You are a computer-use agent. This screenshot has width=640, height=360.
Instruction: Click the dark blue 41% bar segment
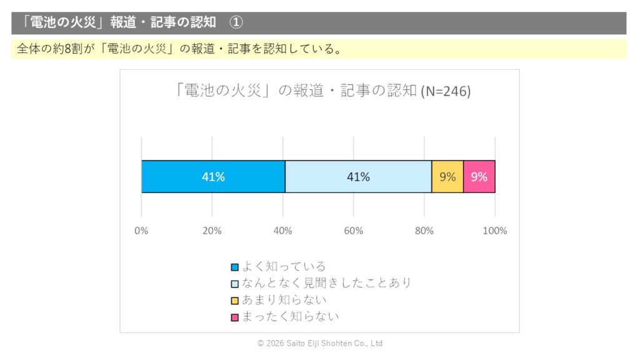point(213,177)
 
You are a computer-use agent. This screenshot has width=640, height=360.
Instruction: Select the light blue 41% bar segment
point(358,177)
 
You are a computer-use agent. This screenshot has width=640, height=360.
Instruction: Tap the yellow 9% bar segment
point(447,177)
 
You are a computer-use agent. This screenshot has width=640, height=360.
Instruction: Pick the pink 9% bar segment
point(479,177)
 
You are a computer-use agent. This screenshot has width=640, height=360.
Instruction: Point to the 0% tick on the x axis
point(141,231)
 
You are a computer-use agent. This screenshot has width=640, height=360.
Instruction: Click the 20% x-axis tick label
point(212,231)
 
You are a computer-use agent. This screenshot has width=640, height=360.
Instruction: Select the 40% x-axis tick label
point(282,231)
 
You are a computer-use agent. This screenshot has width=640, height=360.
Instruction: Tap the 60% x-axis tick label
point(353,231)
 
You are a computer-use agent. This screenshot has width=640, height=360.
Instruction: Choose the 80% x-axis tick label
point(424,231)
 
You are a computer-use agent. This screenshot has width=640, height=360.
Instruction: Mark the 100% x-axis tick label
point(495,231)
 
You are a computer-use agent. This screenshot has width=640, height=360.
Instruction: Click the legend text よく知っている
point(284,267)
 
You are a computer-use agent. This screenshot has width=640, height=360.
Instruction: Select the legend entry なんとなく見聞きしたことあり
point(326,283)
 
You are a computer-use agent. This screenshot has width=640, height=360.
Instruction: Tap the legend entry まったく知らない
point(290,317)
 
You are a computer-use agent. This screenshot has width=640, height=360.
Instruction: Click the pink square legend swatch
point(235,317)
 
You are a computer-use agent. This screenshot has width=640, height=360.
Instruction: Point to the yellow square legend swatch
point(235,301)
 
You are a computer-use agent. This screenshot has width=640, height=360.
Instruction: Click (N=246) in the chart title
point(446,91)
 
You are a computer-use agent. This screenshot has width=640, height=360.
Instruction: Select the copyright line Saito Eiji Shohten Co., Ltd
point(320,344)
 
